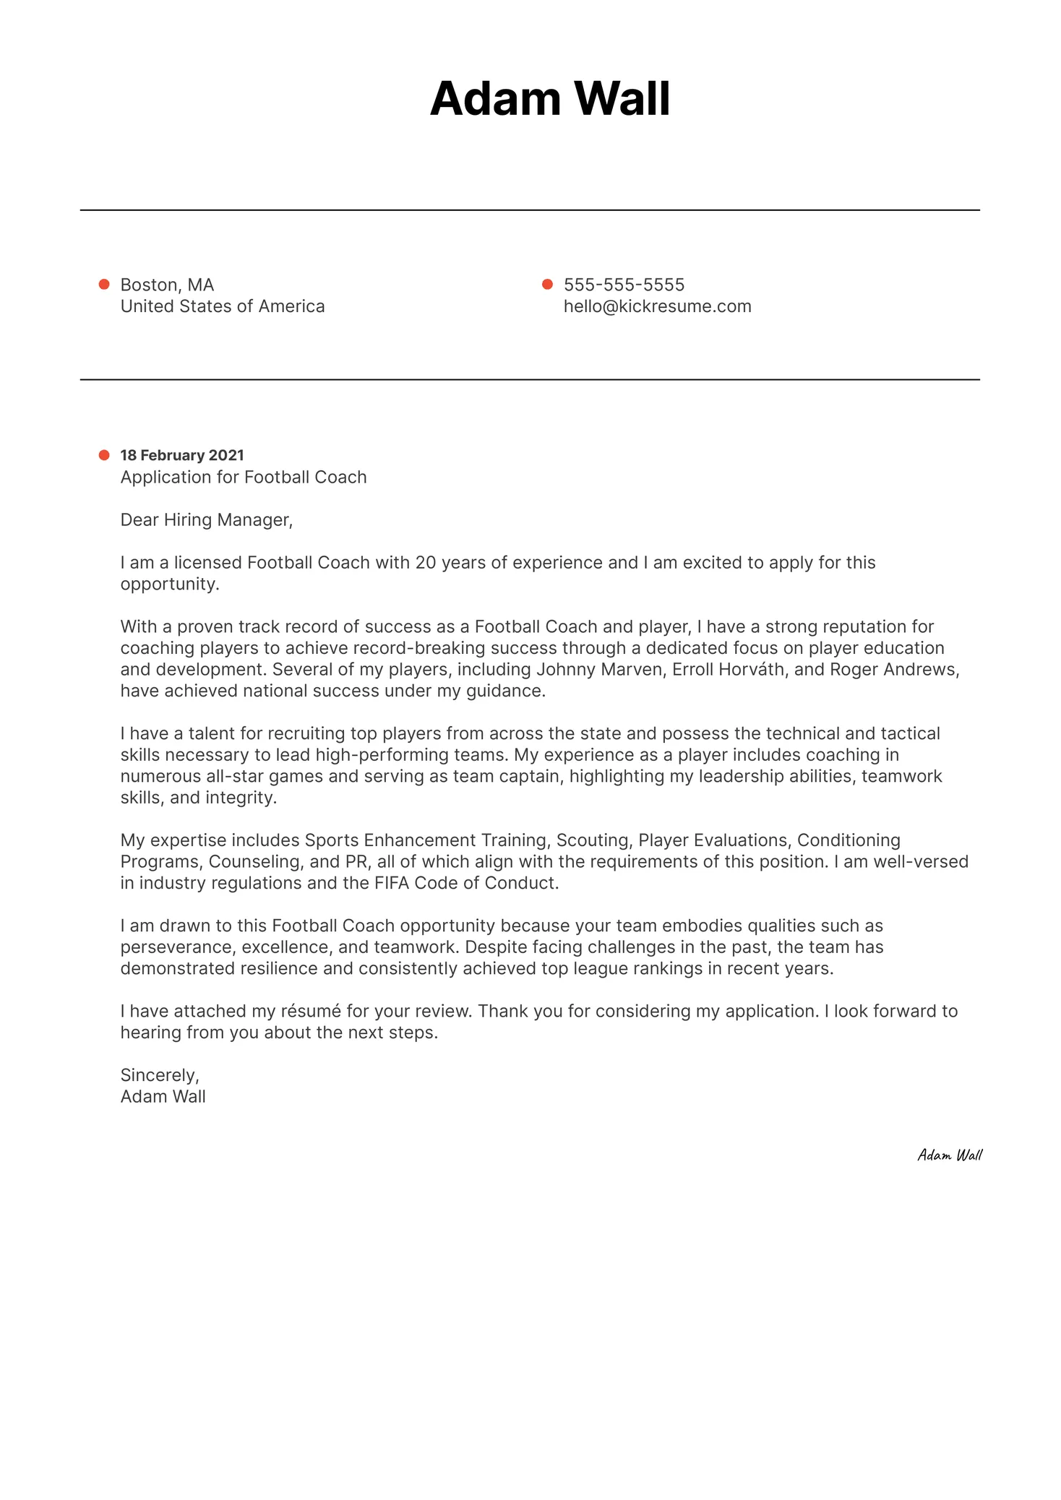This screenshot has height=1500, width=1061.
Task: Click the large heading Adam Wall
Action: [549, 98]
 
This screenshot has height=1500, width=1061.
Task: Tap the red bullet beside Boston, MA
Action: [104, 285]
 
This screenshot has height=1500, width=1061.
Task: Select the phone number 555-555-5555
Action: [624, 285]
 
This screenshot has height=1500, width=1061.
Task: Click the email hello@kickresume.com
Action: [657, 306]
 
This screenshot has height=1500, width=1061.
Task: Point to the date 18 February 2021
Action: [182, 455]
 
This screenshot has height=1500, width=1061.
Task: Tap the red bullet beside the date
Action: [104, 455]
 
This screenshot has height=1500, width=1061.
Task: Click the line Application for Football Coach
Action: [244, 477]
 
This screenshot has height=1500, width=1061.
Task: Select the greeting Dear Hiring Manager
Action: [206, 520]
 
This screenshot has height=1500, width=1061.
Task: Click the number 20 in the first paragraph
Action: [426, 563]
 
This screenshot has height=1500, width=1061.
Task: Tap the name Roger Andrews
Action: [893, 670]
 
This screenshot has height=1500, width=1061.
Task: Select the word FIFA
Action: [392, 883]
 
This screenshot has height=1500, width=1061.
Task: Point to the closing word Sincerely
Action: [159, 1075]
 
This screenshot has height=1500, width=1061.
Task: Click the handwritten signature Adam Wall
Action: [949, 1155]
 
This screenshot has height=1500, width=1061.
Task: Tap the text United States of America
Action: [223, 306]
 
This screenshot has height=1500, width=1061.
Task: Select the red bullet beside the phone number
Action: [547, 285]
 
